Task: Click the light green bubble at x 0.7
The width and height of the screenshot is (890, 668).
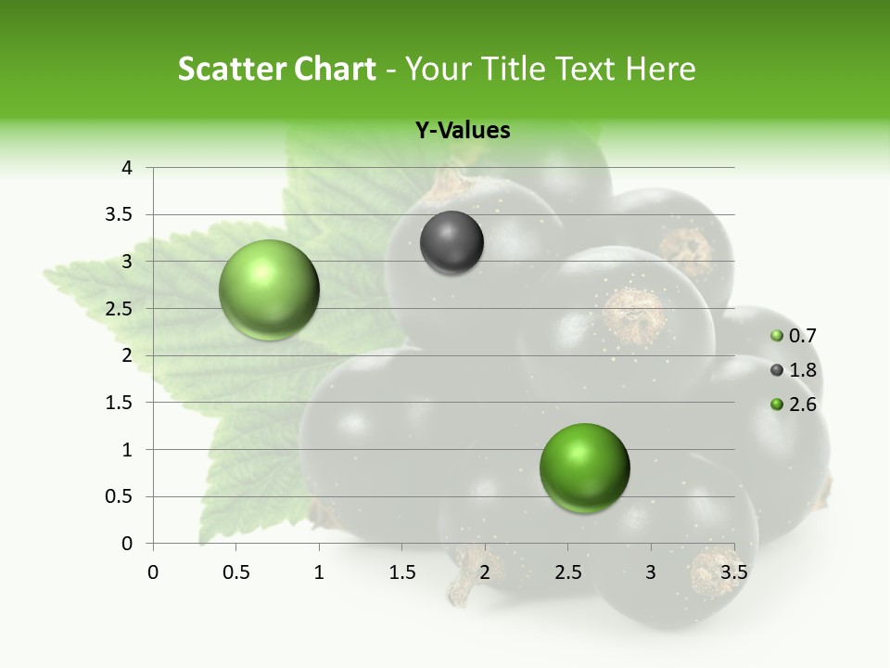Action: pos(269,289)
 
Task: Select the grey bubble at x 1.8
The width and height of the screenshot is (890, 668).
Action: pos(451,243)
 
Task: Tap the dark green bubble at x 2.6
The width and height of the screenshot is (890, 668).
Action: pos(584,468)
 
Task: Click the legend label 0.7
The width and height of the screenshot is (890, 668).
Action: pos(803,336)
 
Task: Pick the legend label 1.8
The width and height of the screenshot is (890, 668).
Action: pos(803,370)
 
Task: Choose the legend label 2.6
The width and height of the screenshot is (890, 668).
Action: pos(803,405)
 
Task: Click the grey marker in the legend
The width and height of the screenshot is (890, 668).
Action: pos(777,370)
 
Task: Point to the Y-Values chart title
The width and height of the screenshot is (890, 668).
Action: pos(462,131)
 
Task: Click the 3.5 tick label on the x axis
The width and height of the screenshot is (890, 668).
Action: pos(733,572)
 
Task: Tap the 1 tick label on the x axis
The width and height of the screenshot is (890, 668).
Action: pos(319,572)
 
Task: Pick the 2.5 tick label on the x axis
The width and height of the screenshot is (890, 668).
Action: pos(567,572)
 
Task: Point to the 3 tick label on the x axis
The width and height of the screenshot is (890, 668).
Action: pos(650,572)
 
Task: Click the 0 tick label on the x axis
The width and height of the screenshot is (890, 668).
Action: pos(153,572)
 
